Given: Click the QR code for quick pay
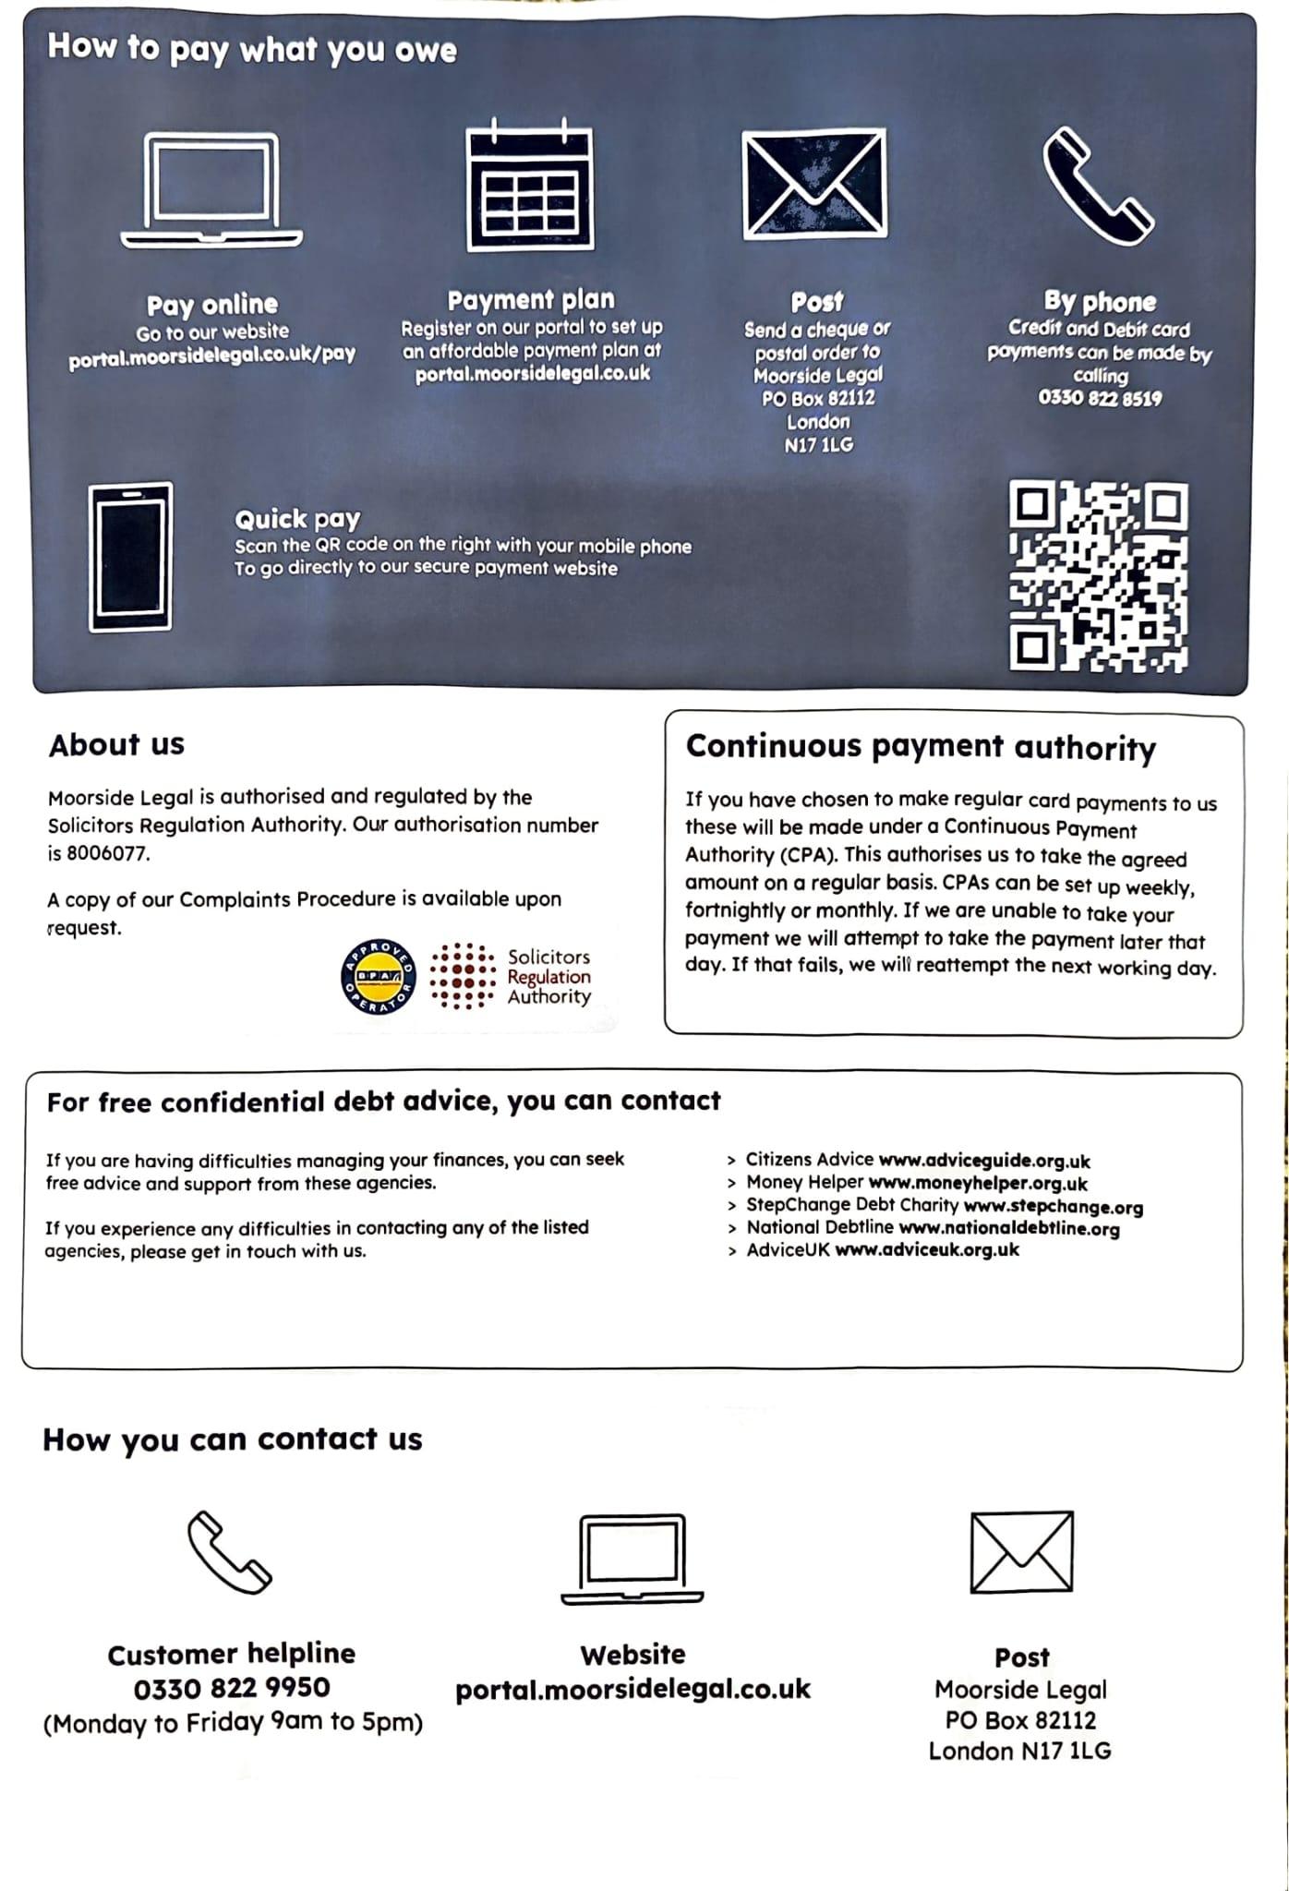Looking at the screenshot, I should [x=1098, y=575].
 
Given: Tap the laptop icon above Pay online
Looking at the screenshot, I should [x=211, y=191].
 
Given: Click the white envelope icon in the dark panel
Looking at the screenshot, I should [x=814, y=183].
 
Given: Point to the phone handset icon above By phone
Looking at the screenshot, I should [x=1098, y=187].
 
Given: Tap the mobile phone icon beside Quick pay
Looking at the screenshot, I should [x=130, y=557].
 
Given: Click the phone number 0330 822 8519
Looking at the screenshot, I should [x=1100, y=399].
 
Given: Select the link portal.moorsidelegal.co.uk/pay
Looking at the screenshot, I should [x=211, y=355].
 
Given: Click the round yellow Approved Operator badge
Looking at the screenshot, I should [x=379, y=977].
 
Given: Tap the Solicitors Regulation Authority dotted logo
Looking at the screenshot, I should [x=464, y=977].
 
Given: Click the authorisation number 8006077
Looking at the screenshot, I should [x=107, y=853].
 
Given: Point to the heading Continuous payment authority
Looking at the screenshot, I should [x=920, y=747].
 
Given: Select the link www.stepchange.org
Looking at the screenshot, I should [x=1053, y=1207].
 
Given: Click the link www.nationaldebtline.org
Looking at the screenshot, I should [x=1008, y=1229].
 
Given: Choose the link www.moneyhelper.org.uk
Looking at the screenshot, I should [x=978, y=1184].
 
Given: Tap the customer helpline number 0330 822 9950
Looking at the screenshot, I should [x=232, y=1688].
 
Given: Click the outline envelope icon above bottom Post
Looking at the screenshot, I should [x=1021, y=1552].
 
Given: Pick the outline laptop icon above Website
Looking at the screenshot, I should [x=632, y=1560].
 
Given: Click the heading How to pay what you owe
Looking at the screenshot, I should [x=252, y=48].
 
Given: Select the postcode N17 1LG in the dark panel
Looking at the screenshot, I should [x=818, y=445].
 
